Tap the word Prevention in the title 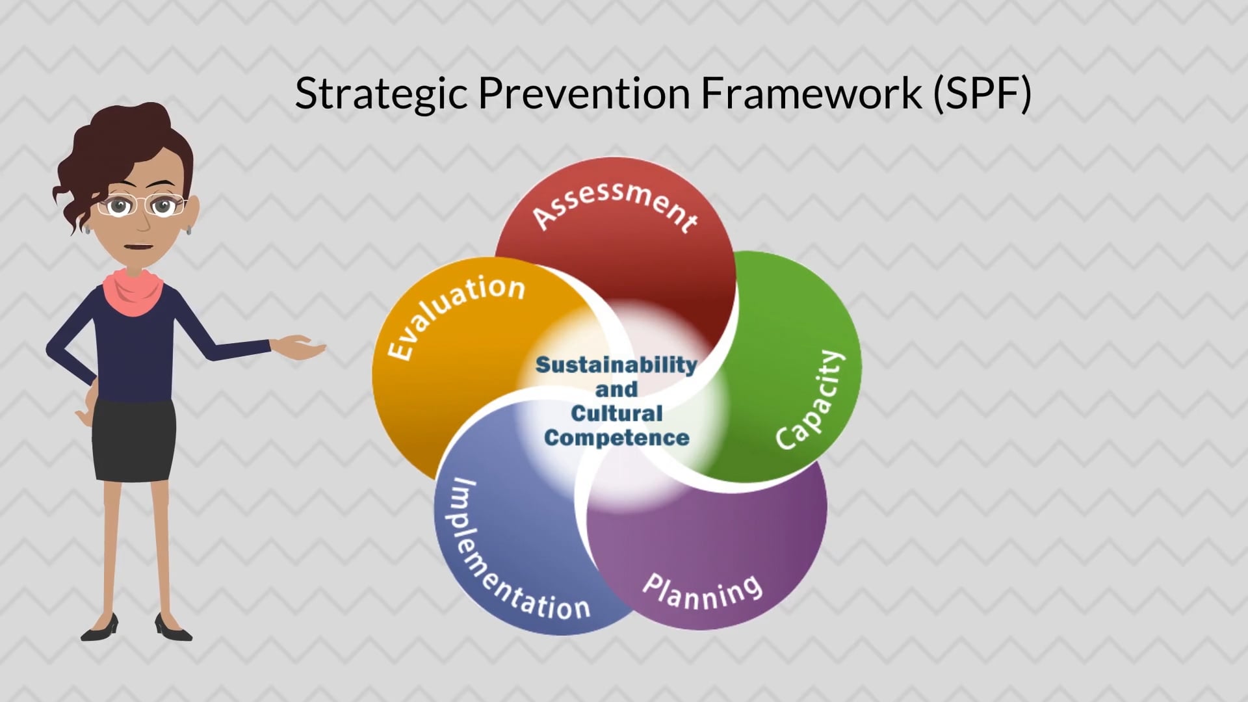[x=584, y=92]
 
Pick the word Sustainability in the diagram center [x=616, y=365]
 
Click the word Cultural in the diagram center [x=616, y=413]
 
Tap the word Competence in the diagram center [x=616, y=437]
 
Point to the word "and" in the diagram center [x=616, y=389]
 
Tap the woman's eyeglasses [x=142, y=205]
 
